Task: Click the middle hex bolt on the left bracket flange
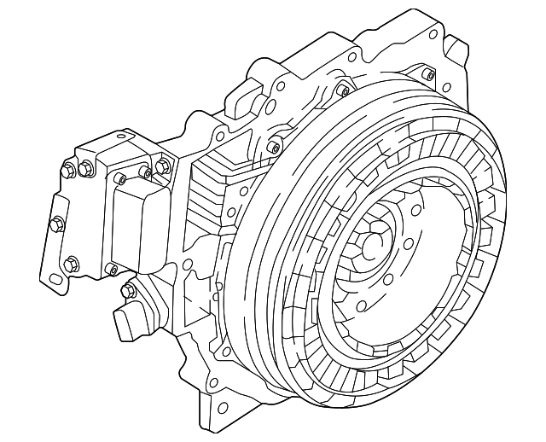(57, 224)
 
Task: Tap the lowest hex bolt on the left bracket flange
(72, 264)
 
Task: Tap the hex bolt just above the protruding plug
(129, 292)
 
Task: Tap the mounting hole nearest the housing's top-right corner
(433, 34)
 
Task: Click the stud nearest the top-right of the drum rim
(341, 90)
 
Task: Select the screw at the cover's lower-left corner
(110, 270)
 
